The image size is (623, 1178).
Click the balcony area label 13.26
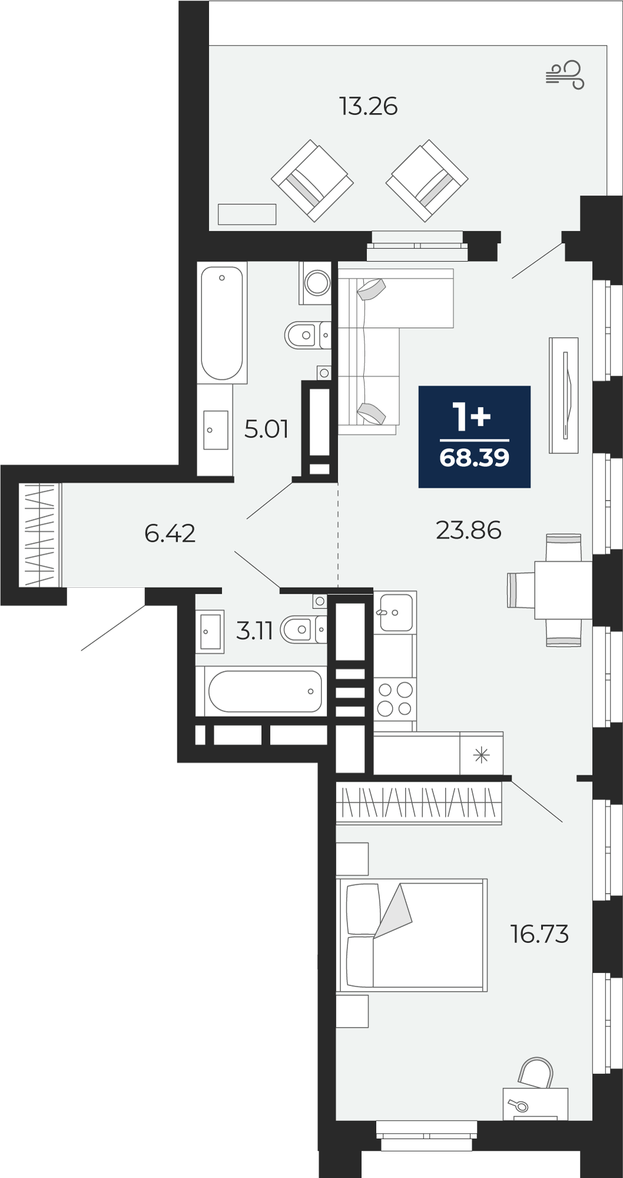point(368,107)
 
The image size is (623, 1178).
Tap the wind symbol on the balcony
point(565,75)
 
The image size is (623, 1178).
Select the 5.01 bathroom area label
point(266,429)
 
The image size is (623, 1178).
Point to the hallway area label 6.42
point(170,534)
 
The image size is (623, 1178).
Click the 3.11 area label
point(254,631)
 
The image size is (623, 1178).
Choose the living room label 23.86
point(469,531)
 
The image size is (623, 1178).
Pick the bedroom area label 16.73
point(539,934)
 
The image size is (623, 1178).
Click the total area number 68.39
point(475,458)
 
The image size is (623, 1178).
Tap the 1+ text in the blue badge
point(471,416)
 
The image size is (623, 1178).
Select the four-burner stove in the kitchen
point(395,699)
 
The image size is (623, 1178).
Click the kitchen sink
point(395,612)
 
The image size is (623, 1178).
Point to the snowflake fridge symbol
point(482,755)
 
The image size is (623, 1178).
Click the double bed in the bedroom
point(412,935)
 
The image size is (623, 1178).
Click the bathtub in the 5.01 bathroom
point(222,323)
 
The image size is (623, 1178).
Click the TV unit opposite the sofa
point(564,395)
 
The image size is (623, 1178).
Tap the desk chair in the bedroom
point(536,1073)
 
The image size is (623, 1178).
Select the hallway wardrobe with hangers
point(39,535)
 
